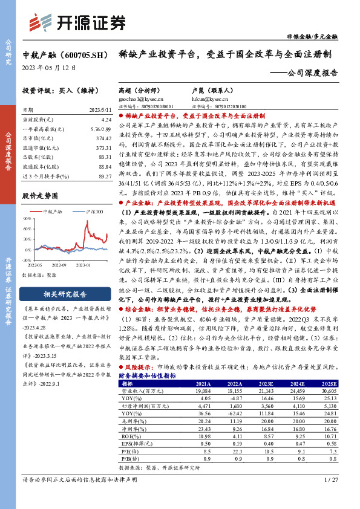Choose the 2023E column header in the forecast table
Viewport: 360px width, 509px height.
tap(265, 383)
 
